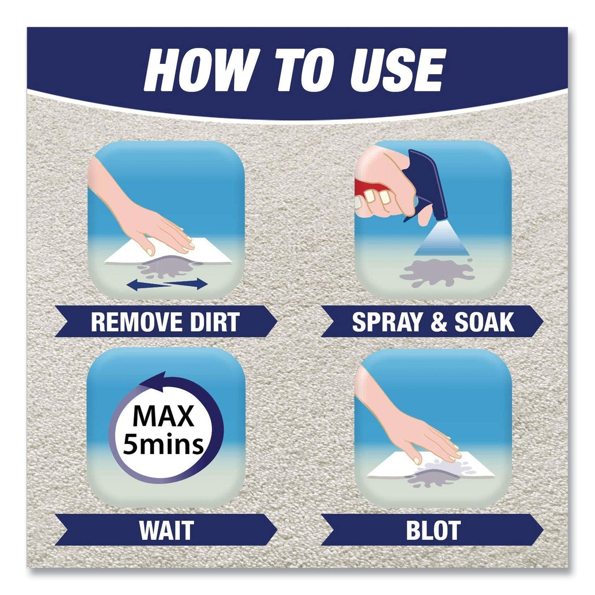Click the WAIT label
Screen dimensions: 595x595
pos(166,530)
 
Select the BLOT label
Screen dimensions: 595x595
pos(432,530)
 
